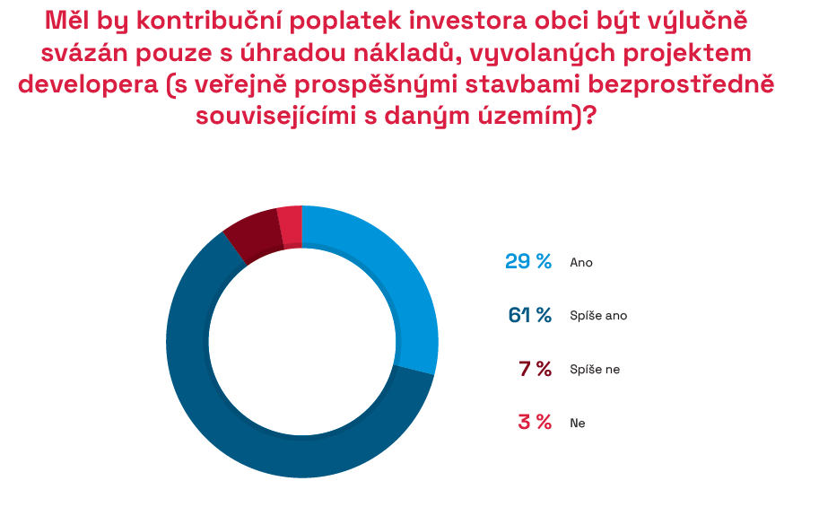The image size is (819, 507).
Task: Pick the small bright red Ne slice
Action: pos(291,226)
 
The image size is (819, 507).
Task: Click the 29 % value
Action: pos(528,262)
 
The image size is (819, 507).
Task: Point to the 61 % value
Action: pos(529,315)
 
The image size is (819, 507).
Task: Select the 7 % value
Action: pos(535,369)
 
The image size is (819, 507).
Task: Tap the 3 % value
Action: pos(535,423)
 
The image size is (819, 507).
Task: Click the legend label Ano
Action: pos(581,262)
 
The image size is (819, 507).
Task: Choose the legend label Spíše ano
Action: pos(598,316)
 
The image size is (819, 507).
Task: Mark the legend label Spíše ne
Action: pos(595,369)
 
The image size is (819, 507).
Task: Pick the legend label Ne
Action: pos(577,423)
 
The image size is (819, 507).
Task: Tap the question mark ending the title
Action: pos(589,116)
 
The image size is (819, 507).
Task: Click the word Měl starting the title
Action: pos(67,22)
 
